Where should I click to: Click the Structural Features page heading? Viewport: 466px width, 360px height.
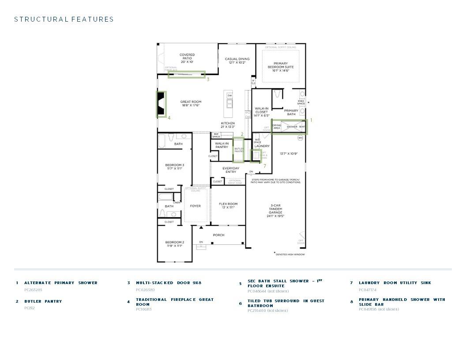[x=64, y=19]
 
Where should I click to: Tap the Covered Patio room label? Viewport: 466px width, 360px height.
[x=187, y=58]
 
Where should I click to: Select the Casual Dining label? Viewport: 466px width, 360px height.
[x=237, y=60]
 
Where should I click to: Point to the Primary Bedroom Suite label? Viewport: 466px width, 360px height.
[x=281, y=67]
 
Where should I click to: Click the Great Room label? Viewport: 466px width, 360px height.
[x=191, y=103]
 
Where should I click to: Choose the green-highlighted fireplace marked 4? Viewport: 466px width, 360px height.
[x=162, y=104]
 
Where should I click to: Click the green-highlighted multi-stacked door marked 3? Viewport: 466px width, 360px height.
[x=186, y=74]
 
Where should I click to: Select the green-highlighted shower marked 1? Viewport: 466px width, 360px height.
[x=289, y=127]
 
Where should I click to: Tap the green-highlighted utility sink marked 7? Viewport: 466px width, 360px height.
[x=256, y=156]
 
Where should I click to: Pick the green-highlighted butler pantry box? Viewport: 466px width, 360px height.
[x=238, y=150]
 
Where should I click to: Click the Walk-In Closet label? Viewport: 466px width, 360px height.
[x=261, y=112]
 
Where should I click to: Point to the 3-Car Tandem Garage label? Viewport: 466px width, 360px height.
[x=275, y=210]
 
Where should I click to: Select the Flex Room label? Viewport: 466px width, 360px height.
[x=228, y=206]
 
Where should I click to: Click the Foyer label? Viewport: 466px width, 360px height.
[x=195, y=206]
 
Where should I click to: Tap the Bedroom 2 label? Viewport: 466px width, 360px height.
[x=175, y=244]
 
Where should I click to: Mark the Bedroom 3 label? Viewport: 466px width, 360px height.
[x=175, y=166]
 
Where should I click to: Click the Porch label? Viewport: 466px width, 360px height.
[x=219, y=235]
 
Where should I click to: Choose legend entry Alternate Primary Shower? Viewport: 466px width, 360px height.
[x=61, y=283]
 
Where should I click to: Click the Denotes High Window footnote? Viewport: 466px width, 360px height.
[x=290, y=254]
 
